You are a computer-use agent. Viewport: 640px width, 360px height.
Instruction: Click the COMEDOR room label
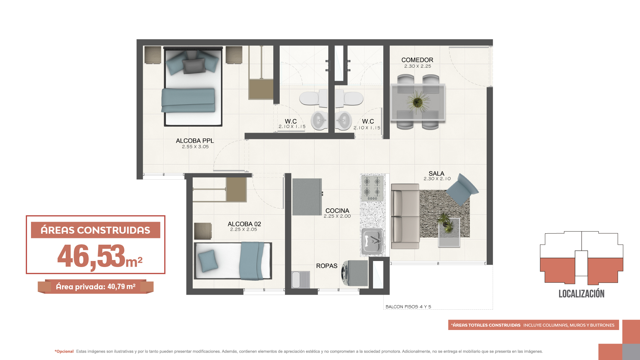[417, 60]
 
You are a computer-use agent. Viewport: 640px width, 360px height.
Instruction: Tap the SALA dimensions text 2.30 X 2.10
[437, 179]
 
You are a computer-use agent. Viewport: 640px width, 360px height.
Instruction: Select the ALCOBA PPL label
[195, 141]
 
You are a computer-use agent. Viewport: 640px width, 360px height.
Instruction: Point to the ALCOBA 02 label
[244, 224]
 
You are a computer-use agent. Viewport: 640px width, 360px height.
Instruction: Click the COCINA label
[337, 211]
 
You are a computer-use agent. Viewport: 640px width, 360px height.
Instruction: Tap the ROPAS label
[327, 266]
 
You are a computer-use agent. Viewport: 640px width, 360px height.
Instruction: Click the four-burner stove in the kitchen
[372, 188]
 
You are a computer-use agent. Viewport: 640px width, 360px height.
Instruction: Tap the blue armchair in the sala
[462, 189]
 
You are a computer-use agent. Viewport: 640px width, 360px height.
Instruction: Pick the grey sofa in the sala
[405, 216]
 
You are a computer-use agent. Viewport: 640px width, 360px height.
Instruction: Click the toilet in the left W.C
[313, 98]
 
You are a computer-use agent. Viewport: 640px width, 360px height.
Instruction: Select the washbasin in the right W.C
[343, 120]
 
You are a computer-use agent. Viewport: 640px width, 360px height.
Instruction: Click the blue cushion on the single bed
[208, 261]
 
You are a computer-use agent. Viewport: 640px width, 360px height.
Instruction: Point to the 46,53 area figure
[91, 256]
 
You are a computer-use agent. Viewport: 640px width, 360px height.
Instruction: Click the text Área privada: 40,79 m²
[95, 287]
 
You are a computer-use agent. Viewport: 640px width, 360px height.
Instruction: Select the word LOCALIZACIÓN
[581, 294]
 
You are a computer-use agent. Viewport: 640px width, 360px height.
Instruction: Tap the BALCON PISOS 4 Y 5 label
[408, 307]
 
